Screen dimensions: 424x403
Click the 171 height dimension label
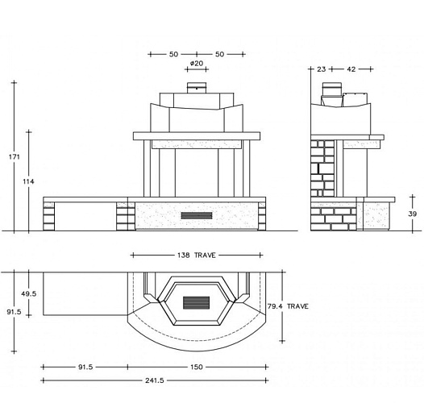(14, 156)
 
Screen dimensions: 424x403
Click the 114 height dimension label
(28, 181)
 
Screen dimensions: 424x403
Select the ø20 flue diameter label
(197, 64)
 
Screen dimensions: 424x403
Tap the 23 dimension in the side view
(322, 69)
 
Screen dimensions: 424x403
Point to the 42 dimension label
(351, 69)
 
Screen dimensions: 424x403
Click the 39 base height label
(413, 214)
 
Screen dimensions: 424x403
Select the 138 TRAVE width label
(197, 255)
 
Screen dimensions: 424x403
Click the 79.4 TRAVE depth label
(288, 306)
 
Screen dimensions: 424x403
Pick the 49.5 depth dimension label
(29, 293)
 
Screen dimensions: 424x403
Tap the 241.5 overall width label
(155, 380)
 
